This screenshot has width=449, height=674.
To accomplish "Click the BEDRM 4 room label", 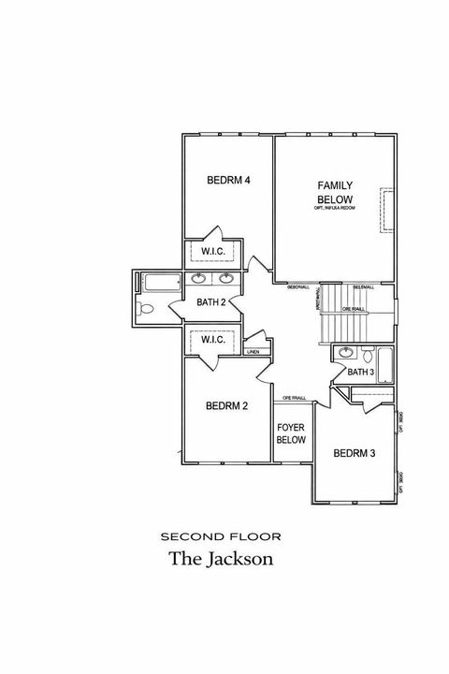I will (228, 180).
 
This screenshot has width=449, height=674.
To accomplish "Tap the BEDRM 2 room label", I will (226, 405).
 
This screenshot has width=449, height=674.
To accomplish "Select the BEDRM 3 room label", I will (354, 454).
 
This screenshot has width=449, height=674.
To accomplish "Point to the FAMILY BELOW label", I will (334, 193).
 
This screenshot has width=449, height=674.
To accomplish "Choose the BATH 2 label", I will (211, 301).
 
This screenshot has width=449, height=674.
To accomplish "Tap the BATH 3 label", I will (360, 372).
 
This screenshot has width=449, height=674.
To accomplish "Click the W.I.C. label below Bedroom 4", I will (211, 251).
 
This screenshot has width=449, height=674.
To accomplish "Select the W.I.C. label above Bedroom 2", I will (211, 340).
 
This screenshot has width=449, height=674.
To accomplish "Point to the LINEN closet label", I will (253, 352).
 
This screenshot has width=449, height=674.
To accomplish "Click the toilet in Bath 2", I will (145, 309).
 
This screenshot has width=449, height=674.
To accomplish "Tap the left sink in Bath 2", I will (199, 278).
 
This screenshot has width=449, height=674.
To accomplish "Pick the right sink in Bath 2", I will (226, 278).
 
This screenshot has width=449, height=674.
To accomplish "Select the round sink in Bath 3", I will (345, 353).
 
